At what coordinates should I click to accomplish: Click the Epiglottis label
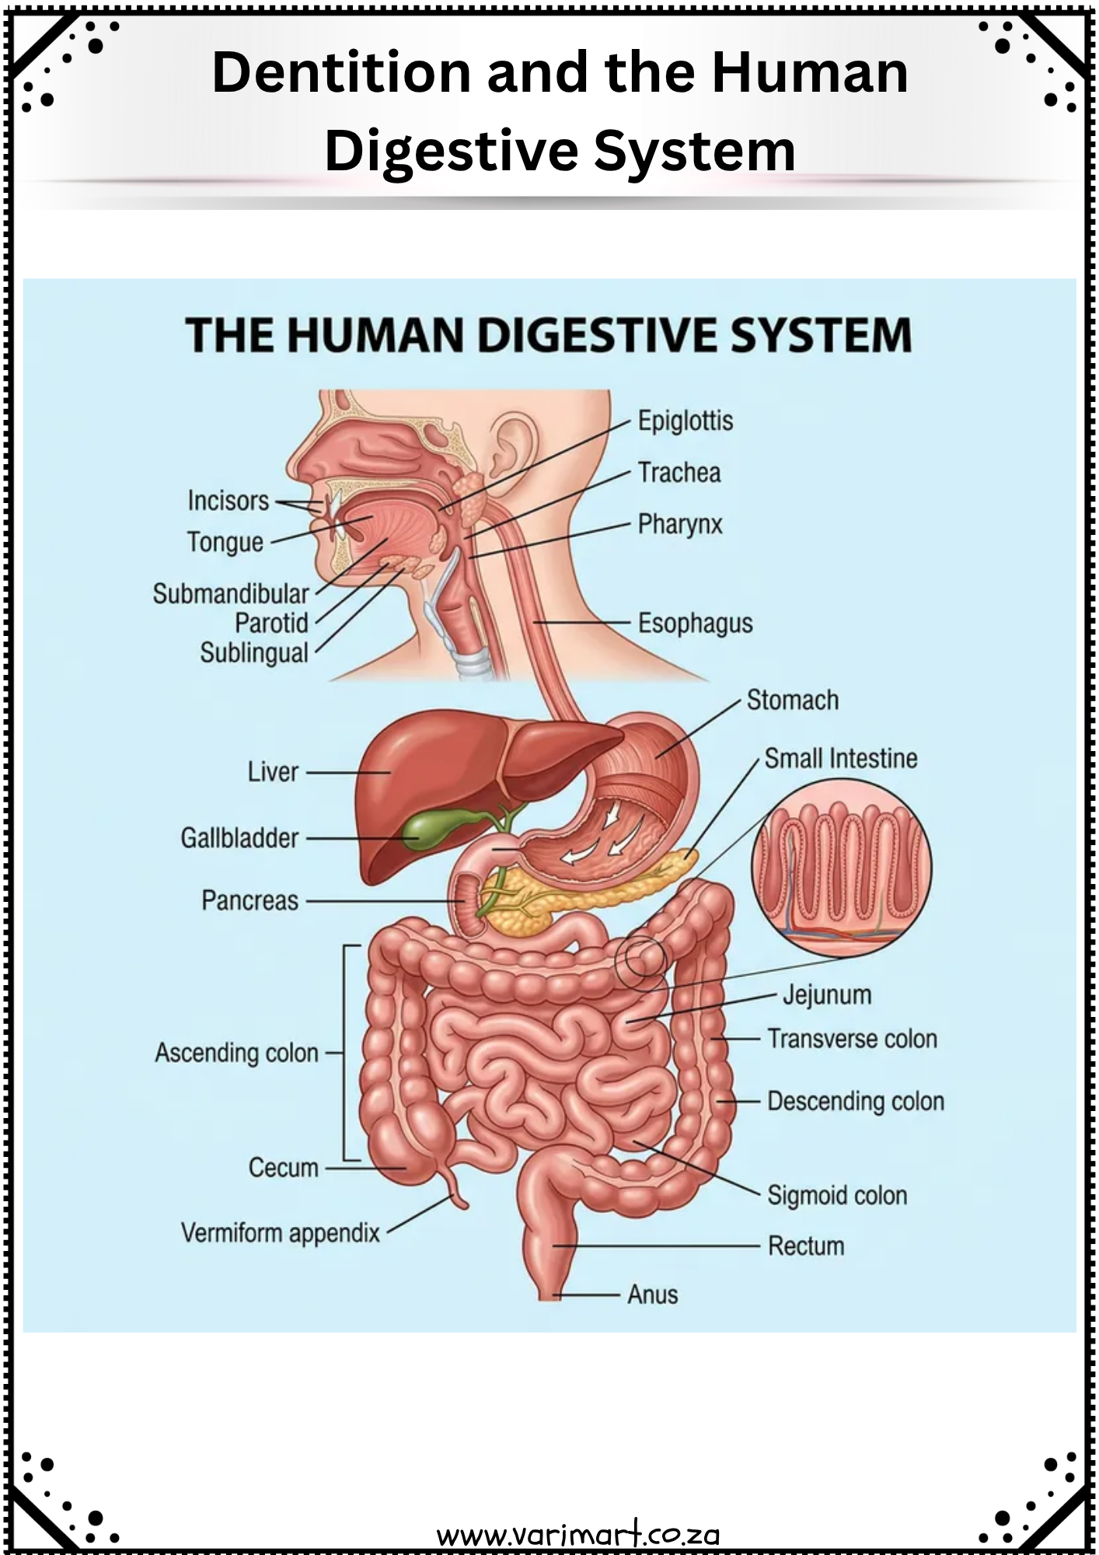(x=686, y=421)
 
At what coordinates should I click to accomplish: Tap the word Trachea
(x=679, y=473)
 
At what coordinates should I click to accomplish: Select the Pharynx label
(x=680, y=525)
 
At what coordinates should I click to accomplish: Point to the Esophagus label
(x=696, y=624)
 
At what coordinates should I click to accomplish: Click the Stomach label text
(x=793, y=701)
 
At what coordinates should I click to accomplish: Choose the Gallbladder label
(x=239, y=838)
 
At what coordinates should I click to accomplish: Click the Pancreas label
(x=249, y=900)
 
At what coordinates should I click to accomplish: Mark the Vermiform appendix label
(x=281, y=1233)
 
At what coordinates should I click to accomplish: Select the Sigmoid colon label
(x=837, y=1196)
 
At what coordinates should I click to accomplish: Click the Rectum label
(x=806, y=1246)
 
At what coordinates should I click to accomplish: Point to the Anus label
(x=653, y=1295)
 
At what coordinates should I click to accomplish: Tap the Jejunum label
(x=827, y=995)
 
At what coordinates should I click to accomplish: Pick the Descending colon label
(x=856, y=1102)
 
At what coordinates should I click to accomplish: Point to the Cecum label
(x=284, y=1168)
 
